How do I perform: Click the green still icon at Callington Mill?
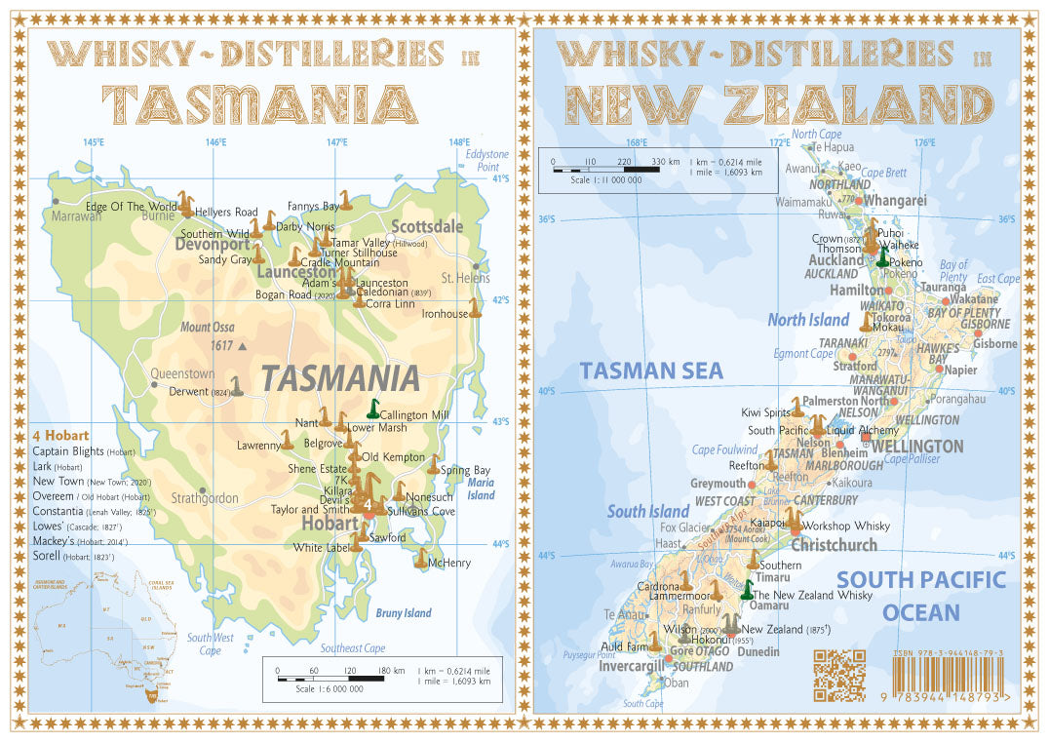[371, 409]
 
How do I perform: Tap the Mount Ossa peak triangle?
[243, 346]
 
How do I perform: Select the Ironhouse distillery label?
[445, 314]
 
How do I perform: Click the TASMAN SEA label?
[651, 371]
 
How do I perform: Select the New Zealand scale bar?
[605, 169]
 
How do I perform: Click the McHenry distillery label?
[449, 563]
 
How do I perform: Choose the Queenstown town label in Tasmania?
[182, 373]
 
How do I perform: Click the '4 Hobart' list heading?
[60, 435]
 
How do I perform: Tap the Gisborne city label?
[994, 343]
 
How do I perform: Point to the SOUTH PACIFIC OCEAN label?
[920, 596]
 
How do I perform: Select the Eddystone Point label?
[486, 161]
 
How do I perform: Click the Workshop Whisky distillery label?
[844, 527]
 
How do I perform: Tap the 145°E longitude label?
[93, 142]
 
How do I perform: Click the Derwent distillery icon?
[236, 386]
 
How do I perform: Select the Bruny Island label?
[404, 613]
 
